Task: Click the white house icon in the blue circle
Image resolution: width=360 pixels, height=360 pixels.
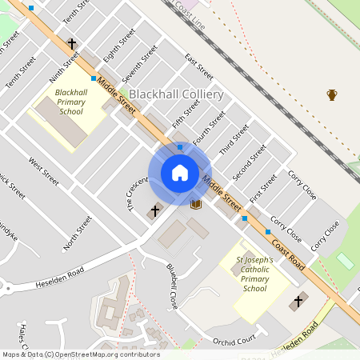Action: pyautogui.click(x=180, y=173)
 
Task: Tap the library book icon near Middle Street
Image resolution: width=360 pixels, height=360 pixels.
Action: pyautogui.click(x=196, y=204)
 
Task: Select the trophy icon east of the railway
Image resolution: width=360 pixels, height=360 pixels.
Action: pyautogui.click(x=332, y=95)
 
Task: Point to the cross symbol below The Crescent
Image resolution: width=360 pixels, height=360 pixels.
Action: pyautogui.click(x=155, y=211)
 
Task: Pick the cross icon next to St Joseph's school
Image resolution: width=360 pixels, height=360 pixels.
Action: pyautogui.click(x=298, y=301)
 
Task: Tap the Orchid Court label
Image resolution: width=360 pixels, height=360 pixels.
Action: pyautogui.click(x=233, y=341)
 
